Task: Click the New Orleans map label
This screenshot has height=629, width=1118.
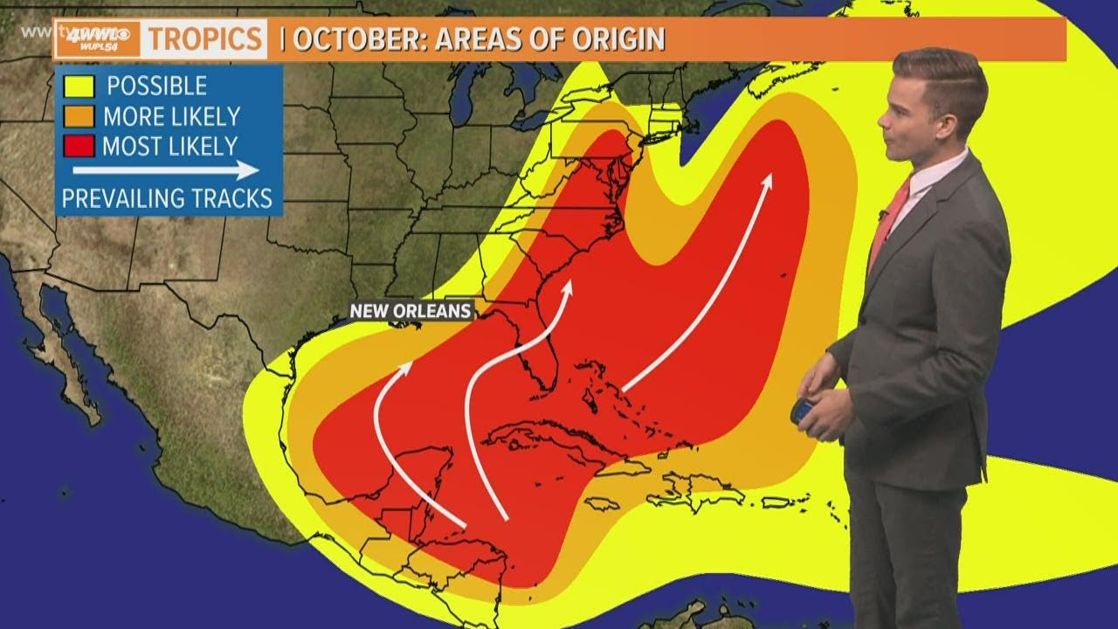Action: click(x=411, y=311)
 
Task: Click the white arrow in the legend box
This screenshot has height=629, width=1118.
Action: click(x=166, y=170)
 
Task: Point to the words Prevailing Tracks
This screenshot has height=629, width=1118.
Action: click(x=167, y=198)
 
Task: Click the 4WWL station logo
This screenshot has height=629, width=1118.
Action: click(x=99, y=38)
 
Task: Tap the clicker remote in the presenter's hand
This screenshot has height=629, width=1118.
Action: click(x=803, y=411)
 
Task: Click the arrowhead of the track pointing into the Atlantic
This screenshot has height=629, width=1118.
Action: click(x=768, y=180)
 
